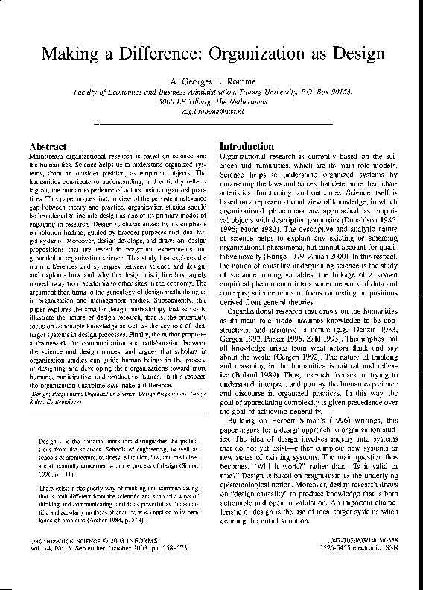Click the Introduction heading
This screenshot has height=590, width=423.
[x=248, y=146]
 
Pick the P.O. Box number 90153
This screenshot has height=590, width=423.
[x=339, y=91]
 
